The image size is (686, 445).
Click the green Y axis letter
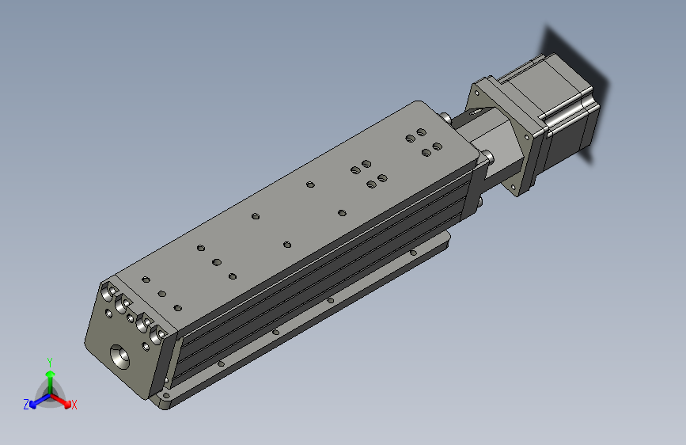coord(50,362)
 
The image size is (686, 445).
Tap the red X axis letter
coord(74,405)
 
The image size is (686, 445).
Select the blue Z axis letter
coord(26,405)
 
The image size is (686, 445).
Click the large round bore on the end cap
coord(119,356)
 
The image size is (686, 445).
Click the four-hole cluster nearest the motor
coord(423,143)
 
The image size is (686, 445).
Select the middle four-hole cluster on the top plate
coord(369,174)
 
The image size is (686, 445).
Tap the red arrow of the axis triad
coord(60,400)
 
